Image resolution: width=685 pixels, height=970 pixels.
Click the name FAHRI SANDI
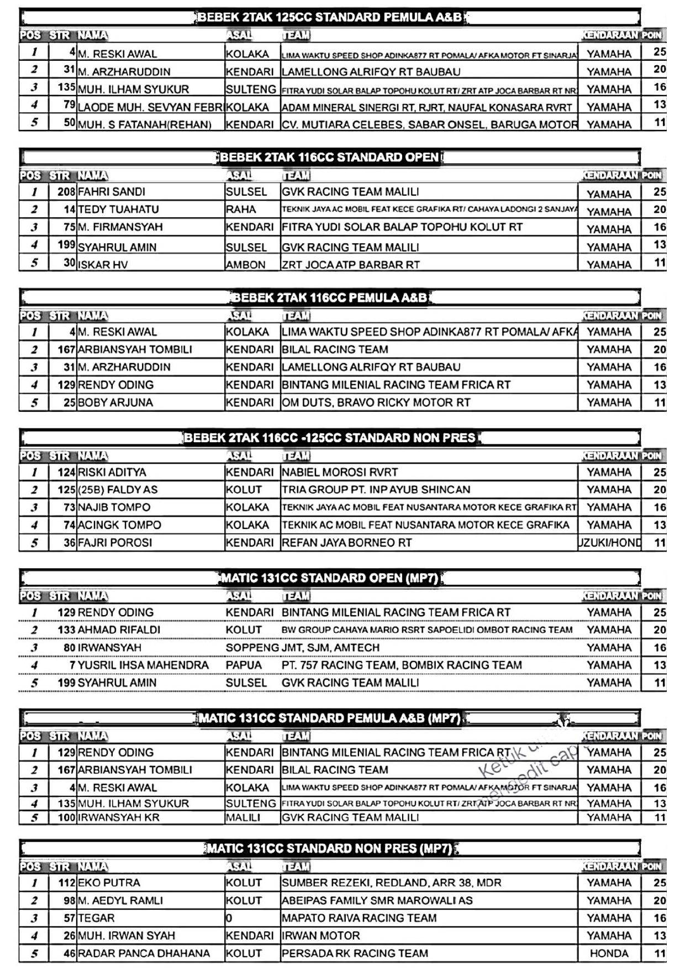point(112,192)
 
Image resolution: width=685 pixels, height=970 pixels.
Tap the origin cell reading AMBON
point(246,265)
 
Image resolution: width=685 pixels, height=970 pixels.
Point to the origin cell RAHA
point(241,209)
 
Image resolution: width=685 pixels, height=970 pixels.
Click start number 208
point(66,192)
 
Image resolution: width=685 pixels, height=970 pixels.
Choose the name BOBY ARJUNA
point(115,402)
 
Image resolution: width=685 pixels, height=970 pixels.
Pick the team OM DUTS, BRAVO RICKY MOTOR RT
point(376,402)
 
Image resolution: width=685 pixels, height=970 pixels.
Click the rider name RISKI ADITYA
point(112,473)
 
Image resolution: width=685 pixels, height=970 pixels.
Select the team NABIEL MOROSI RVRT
point(340,473)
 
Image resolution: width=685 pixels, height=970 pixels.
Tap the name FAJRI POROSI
point(115,543)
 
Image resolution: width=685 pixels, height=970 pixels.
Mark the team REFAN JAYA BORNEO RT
point(347,543)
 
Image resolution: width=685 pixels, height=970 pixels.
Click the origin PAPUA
point(244,665)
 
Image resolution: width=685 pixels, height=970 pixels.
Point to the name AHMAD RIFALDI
point(119,630)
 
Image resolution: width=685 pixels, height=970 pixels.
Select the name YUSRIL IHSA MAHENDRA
point(143,665)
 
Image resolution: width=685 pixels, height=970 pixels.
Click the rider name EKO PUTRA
point(109,883)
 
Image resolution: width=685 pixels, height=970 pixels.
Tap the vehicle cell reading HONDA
point(609,953)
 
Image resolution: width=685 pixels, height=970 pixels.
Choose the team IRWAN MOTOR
point(321,936)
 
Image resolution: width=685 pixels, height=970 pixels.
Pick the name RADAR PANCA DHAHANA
point(144,953)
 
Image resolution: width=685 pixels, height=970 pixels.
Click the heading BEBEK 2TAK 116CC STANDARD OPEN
point(329,158)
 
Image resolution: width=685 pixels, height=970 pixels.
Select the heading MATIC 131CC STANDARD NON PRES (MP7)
point(330,848)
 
